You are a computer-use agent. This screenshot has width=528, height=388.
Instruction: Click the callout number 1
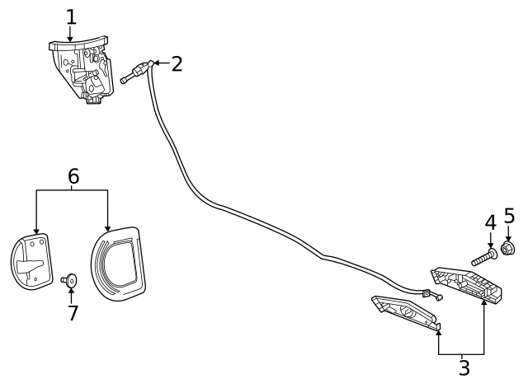tap(71, 16)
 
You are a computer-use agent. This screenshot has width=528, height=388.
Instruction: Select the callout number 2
tap(176, 63)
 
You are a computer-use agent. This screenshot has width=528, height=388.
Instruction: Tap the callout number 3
tap(464, 367)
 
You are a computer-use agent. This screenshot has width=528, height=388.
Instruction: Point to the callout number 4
tap(490, 222)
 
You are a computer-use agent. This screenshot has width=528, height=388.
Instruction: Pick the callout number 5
tap(508, 217)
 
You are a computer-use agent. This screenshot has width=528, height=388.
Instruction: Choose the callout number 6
tap(73, 175)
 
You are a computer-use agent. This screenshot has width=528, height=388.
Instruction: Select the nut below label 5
tap(508, 248)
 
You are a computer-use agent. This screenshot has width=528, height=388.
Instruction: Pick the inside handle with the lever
tap(31, 263)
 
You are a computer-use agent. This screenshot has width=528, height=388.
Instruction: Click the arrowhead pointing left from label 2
tap(158, 63)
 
